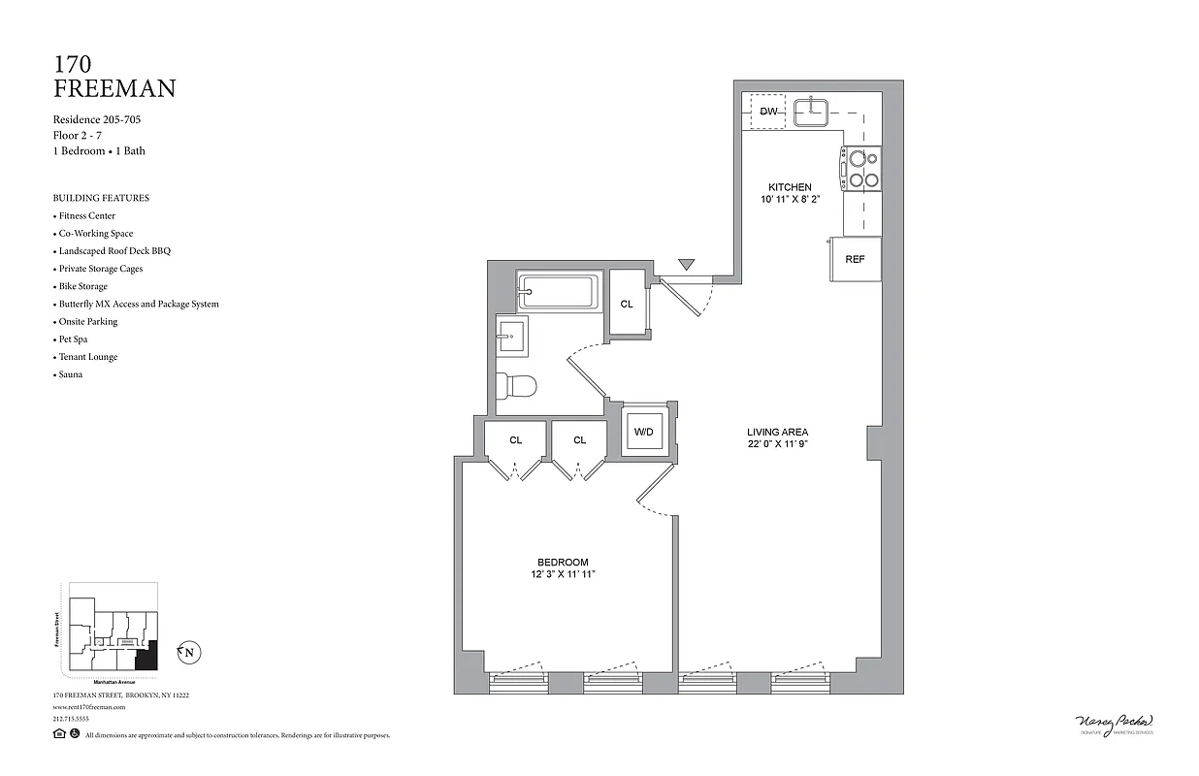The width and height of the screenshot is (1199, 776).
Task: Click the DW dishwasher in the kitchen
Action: click(x=768, y=112)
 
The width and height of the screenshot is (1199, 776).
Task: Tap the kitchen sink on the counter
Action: click(x=811, y=112)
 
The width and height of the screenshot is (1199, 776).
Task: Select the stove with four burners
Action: click(x=861, y=167)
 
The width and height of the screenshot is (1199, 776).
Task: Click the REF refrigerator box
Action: click(x=855, y=259)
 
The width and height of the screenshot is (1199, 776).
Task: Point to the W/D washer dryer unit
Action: click(x=643, y=431)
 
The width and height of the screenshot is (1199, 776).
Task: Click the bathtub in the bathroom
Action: click(x=557, y=290)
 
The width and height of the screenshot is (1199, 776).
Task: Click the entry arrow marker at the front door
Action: click(x=687, y=264)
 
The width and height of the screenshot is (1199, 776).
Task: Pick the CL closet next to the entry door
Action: click(x=627, y=304)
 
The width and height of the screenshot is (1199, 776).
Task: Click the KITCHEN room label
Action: click(x=790, y=187)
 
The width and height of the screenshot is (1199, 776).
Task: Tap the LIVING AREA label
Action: click(x=777, y=432)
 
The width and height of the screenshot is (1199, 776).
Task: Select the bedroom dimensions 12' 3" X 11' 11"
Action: click(x=563, y=575)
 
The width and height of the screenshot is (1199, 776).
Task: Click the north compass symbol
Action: click(x=188, y=653)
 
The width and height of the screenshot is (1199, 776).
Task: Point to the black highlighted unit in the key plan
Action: click(x=146, y=660)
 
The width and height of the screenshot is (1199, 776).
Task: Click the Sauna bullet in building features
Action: click(x=70, y=374)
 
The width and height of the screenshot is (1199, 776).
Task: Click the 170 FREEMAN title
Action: click(x=114, y=77)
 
